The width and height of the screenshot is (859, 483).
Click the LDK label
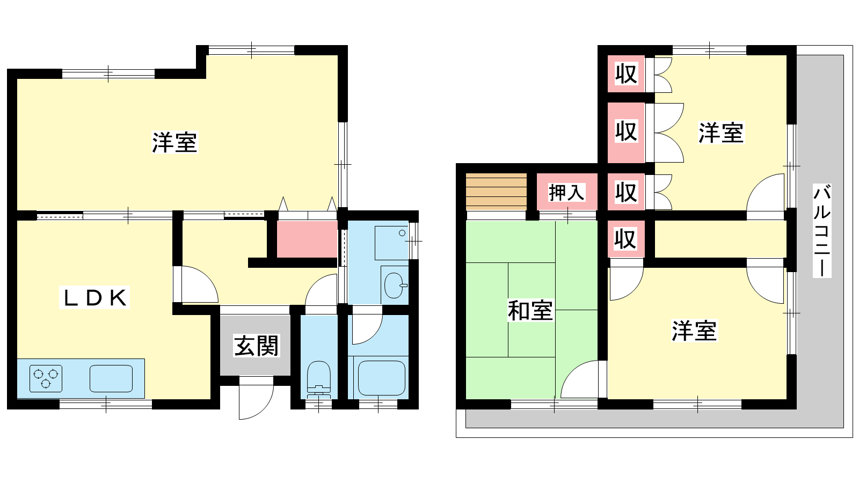click(94, 297)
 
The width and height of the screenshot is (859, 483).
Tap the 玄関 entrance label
click(256, 346)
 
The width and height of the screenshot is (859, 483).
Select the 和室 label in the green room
click(530, 311)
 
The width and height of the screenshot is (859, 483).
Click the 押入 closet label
click(566, 193)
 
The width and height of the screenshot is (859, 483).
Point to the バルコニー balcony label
click(822, 230)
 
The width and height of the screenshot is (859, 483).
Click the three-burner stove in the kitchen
click(46, 378)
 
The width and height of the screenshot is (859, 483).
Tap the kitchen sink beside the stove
click(111, 378)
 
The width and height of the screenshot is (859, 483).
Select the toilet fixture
click(319, 379)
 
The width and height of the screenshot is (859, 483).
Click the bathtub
click(381, 378)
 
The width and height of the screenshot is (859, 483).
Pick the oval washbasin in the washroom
click(395, 285)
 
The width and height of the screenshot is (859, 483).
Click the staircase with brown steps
click(496, 192)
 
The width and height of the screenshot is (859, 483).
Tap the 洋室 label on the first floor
click(174, 143)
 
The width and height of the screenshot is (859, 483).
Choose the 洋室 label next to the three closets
click(721, 133)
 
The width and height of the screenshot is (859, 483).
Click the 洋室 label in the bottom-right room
click(694, 331)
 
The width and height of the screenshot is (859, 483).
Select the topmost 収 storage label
click(626, 74)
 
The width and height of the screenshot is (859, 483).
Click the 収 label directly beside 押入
click(626, 192)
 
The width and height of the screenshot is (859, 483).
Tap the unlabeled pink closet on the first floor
click(307, 239)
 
